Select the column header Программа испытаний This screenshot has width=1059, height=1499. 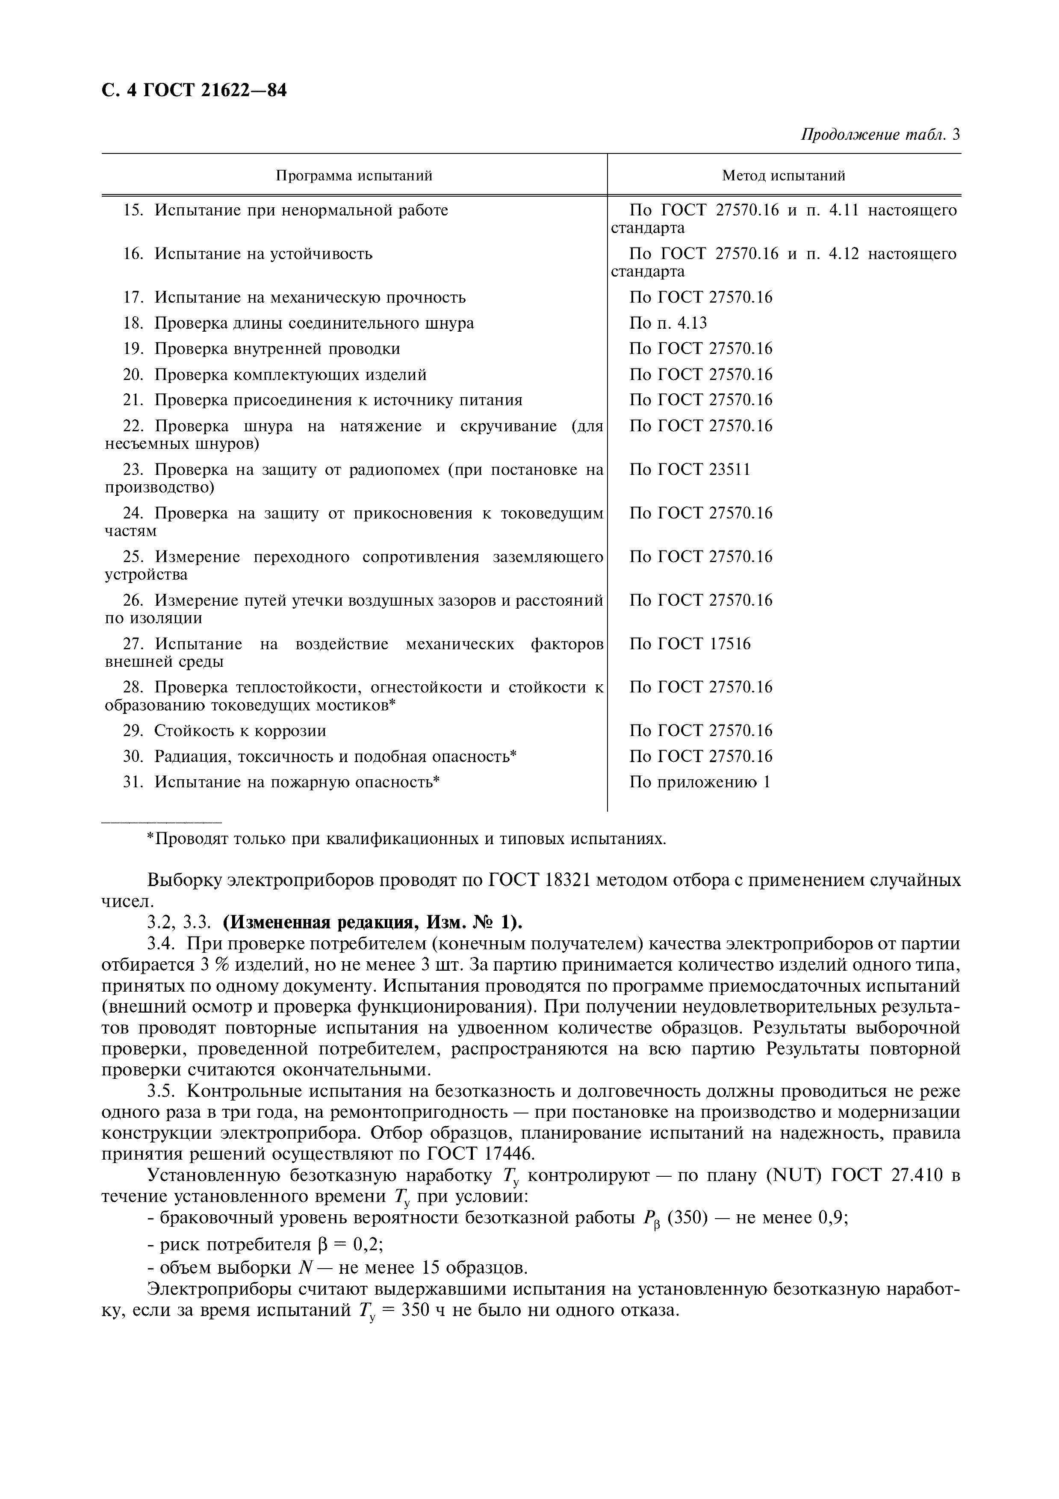[354, 176]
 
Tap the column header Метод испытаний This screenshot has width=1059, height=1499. [784, 176]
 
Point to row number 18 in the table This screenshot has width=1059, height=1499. [133, 323]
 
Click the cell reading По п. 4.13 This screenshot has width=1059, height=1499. [668, 323]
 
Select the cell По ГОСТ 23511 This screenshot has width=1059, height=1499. [690, 469]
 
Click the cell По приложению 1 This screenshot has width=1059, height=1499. [699, 782]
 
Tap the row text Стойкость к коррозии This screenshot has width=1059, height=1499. [239, 730]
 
